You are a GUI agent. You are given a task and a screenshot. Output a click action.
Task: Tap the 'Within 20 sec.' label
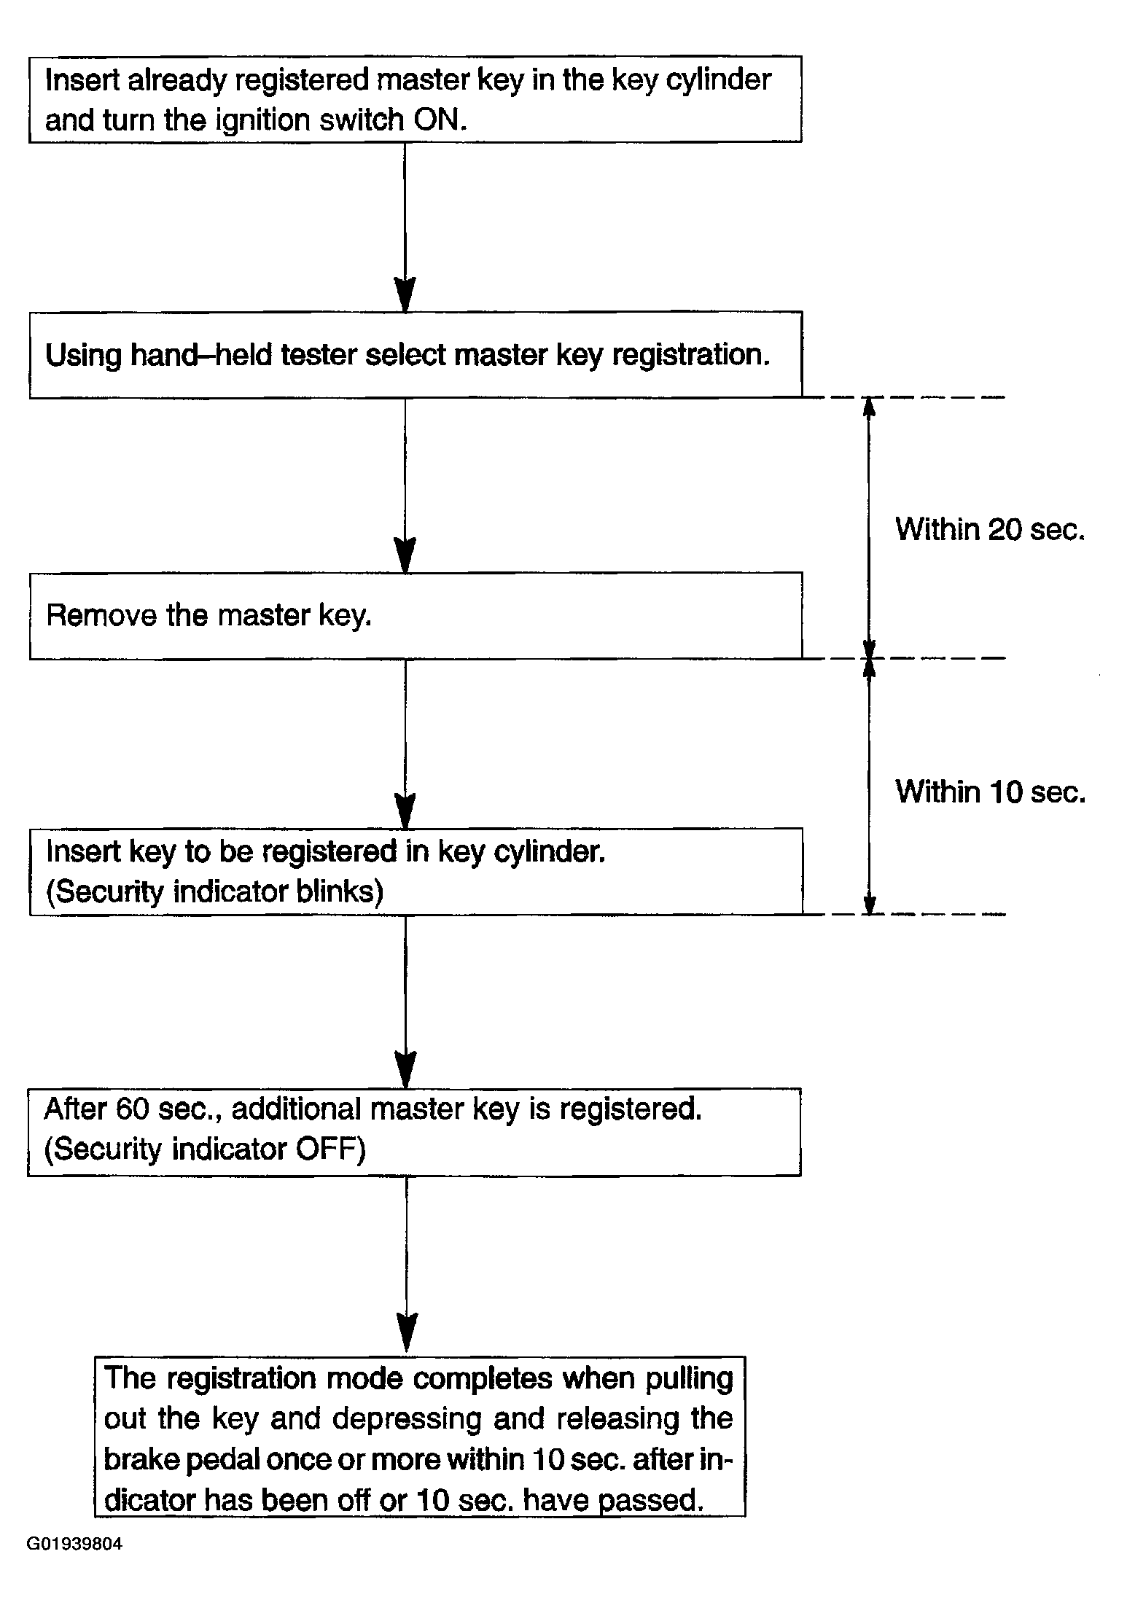pos(990,529)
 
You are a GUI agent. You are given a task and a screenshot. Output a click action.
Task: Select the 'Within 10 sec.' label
pos(990,792)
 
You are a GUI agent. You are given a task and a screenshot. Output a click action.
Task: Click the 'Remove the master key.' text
pos(209,616)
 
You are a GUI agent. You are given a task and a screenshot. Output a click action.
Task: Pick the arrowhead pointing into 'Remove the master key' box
pos(405,556)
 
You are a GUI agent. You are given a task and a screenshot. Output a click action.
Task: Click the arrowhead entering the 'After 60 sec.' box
pos(405,1071)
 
